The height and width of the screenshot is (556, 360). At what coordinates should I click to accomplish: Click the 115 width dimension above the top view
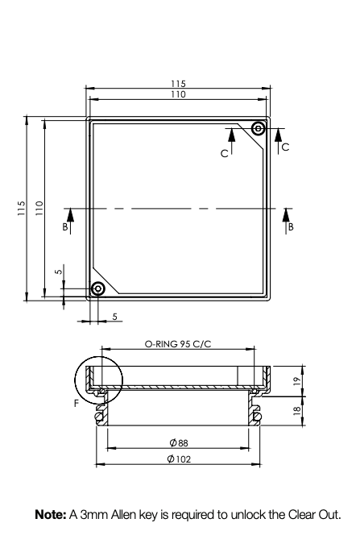178,84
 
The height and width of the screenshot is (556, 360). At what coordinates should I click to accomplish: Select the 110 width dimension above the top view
178,94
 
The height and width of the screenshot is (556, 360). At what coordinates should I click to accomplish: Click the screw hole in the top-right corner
259,129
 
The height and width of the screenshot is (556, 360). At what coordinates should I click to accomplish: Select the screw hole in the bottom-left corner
97,288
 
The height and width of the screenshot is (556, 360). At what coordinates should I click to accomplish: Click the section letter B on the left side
66,227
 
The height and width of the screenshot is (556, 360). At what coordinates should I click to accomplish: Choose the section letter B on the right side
291,227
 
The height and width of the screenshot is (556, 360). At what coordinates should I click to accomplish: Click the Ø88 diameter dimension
178,442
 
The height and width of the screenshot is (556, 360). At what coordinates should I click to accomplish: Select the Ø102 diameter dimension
178,458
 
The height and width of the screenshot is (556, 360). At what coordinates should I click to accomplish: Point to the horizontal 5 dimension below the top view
115,317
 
